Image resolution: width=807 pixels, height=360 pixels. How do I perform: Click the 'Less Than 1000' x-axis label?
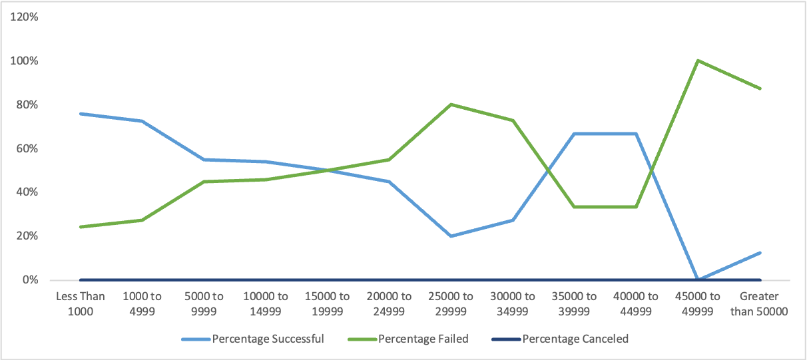80,303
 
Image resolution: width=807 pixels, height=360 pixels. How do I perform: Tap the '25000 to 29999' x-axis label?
451,303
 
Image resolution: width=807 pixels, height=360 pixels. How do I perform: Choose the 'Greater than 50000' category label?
760,303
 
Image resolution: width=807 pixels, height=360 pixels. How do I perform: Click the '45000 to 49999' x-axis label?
698,303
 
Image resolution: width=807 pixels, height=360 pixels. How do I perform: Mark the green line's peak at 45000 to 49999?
698,61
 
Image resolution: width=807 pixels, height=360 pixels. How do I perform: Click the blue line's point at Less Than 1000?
80,114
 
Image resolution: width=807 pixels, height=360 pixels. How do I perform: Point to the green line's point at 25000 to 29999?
451,104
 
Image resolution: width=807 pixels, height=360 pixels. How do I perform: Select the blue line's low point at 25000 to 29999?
451,236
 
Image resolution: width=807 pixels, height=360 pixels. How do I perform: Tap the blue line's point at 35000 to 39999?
574,134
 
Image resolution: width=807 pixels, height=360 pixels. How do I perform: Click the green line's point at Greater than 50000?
760,89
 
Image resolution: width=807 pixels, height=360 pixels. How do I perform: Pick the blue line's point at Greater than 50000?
760,253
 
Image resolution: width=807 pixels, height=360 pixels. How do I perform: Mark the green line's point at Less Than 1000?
80,227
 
